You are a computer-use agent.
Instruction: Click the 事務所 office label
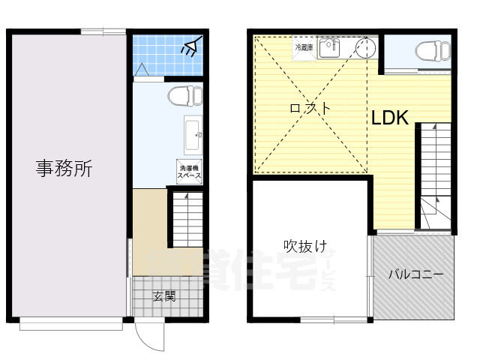64,169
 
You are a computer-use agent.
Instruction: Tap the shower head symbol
189,49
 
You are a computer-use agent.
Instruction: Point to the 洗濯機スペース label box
189,172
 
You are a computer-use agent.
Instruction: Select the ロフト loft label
310,108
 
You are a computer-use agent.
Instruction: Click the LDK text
388,118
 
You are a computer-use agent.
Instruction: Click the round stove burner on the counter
363,49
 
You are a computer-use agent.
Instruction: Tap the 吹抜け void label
304,245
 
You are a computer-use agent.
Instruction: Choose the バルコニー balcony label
415,274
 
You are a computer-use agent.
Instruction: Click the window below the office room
71,324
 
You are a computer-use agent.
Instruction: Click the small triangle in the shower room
140,70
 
